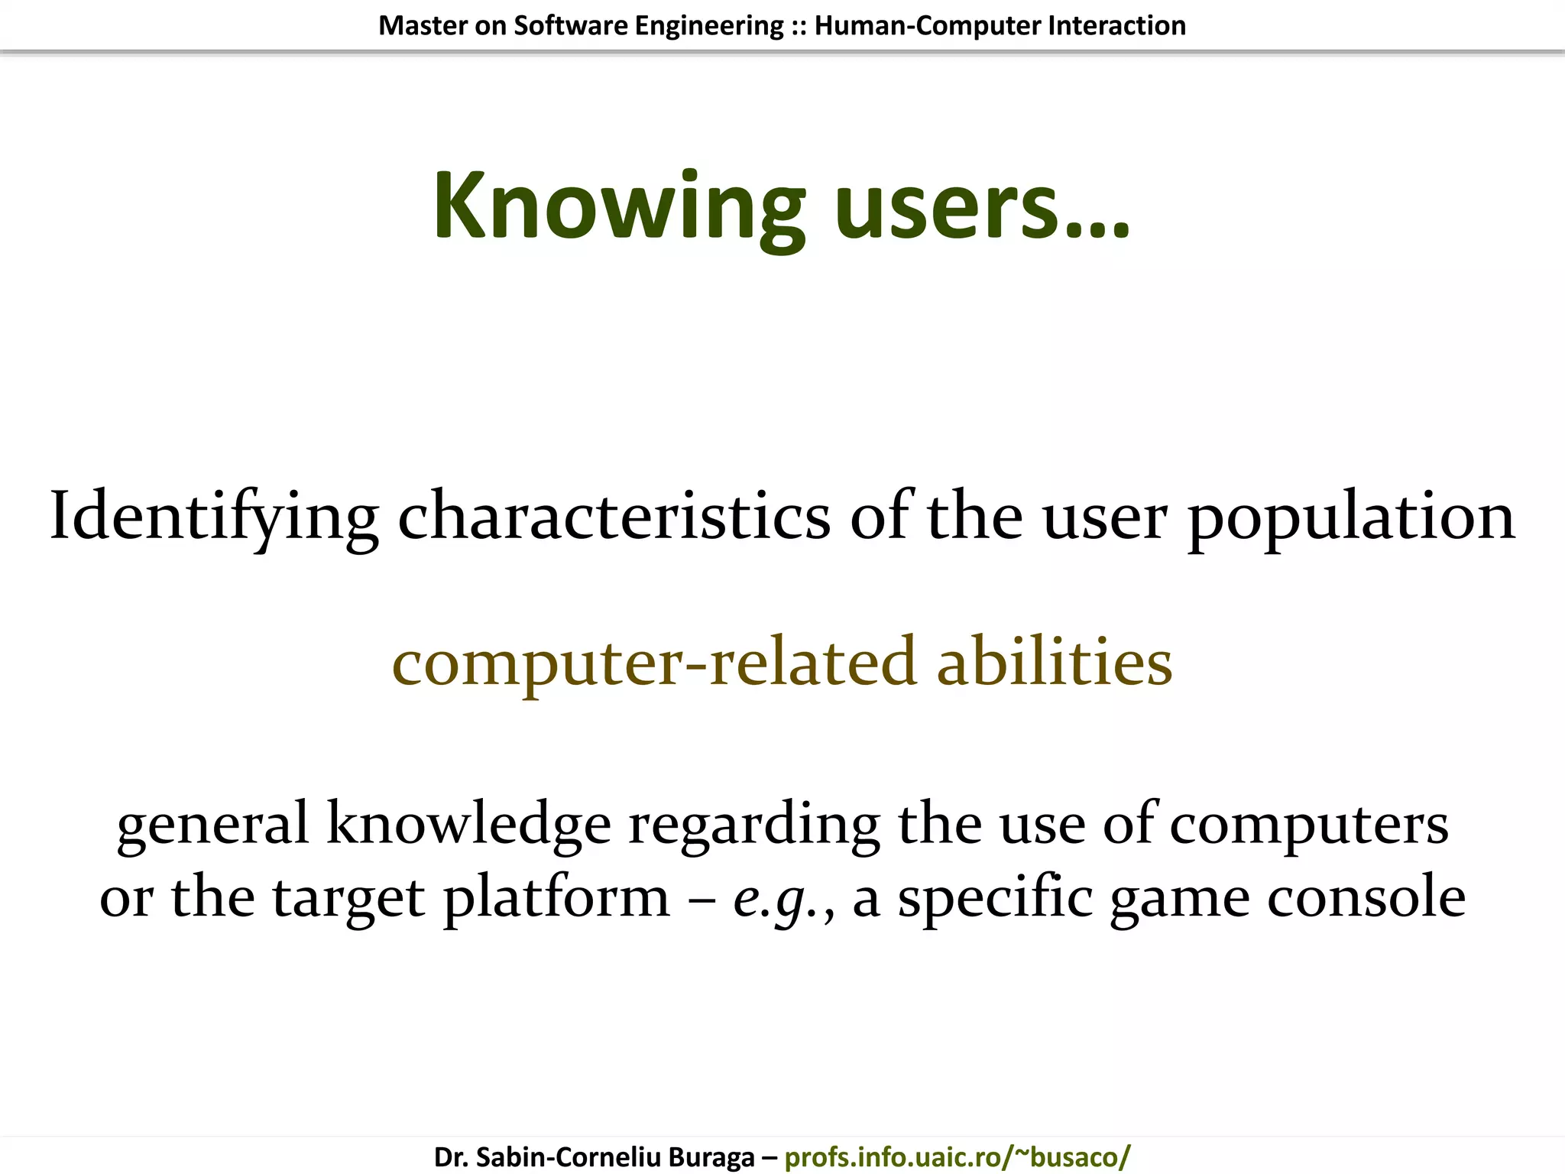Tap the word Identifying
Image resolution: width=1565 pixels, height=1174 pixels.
click(x=214, y=517)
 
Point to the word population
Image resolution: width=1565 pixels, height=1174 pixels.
click(x=1350, y=517)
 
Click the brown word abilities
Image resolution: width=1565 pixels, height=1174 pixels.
click(x=1054, y=662)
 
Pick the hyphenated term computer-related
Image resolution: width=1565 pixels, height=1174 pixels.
click(x=653, y=662)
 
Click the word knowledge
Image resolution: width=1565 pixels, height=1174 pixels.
click(x=468, y=824)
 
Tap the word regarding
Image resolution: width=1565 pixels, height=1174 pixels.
click(x=753, y=824)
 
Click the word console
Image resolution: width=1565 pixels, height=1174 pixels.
click(x=1366, y=897)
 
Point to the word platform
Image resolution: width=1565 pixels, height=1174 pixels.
click(x=556, y=897)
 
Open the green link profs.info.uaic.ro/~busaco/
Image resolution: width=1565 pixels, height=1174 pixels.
click(x=957, y=1157)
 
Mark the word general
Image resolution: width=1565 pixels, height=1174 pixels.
click(x=212, y=824)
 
